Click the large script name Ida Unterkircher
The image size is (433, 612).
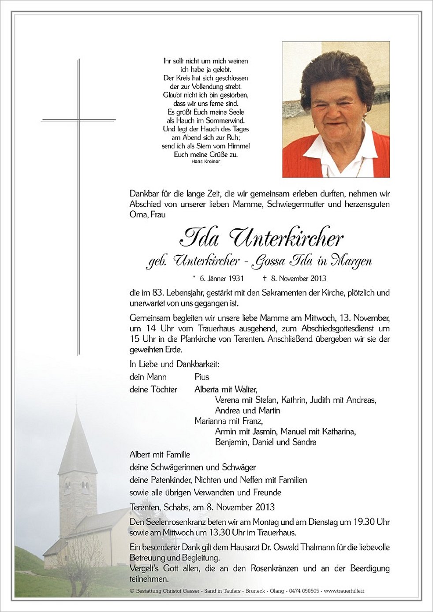pos(261,239)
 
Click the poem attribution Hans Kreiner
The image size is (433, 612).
pos(206,161)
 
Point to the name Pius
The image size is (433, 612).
pos(202,377)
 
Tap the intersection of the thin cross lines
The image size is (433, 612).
pos(79,119)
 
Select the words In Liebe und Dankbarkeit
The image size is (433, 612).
pos(174,364)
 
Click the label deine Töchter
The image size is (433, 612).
pos(153,389)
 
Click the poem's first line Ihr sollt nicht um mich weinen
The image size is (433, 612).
pos(205,61)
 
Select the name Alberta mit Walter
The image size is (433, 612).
pos(225,389)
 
